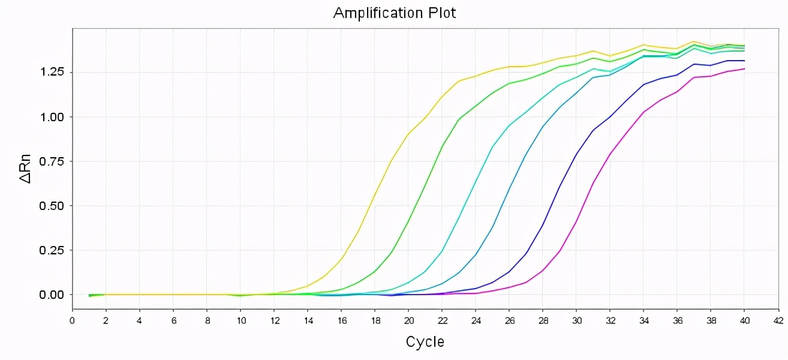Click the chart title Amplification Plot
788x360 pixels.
pos(394,13)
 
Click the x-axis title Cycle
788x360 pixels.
pos(425,342)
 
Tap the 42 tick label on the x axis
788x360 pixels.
pos(778,320)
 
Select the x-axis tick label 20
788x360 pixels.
pos(408,320)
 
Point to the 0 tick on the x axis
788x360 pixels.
pos(73,320)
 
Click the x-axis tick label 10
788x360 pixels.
pos(240,320)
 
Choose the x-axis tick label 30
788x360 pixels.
pos(576,320)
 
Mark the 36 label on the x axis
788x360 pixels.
pos(677,320)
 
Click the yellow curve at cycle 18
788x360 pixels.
pos(375,194)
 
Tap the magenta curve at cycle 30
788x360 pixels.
pos(576,223)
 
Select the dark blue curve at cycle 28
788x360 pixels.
pos(543,226)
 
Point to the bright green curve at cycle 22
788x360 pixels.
pos(442,146)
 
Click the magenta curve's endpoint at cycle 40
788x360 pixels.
pos(744,69)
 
